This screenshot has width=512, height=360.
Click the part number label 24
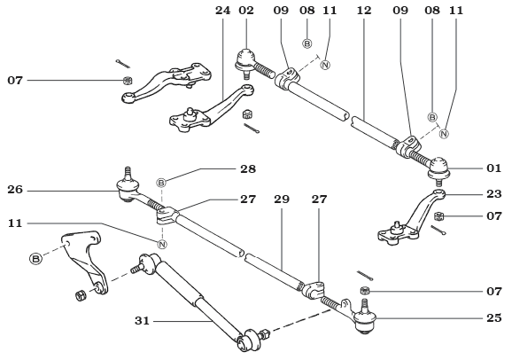point(221,12)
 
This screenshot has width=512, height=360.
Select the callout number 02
point(246,12)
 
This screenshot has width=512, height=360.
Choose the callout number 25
point(493,317)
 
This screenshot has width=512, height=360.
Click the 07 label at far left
point(15,81)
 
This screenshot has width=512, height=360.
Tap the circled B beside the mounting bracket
point(36,259)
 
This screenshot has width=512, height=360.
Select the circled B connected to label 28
point(162,183)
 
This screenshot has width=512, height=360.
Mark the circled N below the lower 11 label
point(162,244)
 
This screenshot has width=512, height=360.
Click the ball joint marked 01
point(440,165)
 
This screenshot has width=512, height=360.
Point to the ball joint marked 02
point(245,63)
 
